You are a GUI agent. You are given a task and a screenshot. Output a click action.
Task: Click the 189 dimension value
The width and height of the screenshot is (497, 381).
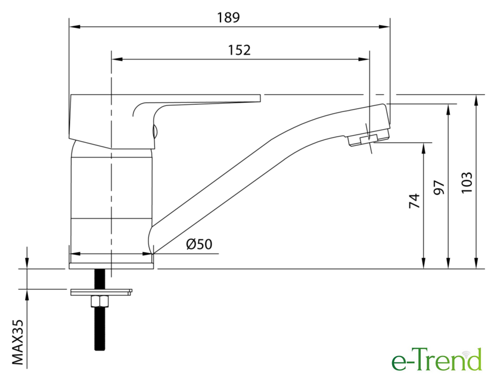228,17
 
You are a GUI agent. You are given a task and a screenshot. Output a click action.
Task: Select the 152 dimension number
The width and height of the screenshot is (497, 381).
240,50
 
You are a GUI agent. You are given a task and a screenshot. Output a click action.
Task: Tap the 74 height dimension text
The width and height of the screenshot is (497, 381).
414,201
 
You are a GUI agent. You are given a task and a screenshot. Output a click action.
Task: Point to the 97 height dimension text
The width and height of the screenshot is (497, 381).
439,188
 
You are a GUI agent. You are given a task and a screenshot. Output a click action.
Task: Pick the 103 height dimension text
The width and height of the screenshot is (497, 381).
467,182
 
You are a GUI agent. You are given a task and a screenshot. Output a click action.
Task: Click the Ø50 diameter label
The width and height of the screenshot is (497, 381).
200,244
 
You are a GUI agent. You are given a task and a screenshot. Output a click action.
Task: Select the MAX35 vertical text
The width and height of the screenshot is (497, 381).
18,342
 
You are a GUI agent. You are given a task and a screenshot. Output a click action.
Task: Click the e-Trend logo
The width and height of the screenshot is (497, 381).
436,360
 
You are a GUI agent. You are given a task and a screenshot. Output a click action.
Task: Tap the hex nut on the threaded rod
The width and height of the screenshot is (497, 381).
100,301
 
